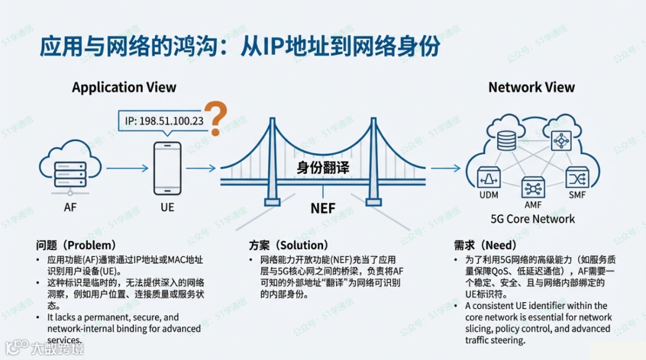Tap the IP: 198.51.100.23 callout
pos(164,121)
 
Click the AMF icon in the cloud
pos(532,188)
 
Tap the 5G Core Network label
pos(532,219)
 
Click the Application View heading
pos(124,87)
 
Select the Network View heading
pos(531,87)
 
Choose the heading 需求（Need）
pos(485,245)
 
